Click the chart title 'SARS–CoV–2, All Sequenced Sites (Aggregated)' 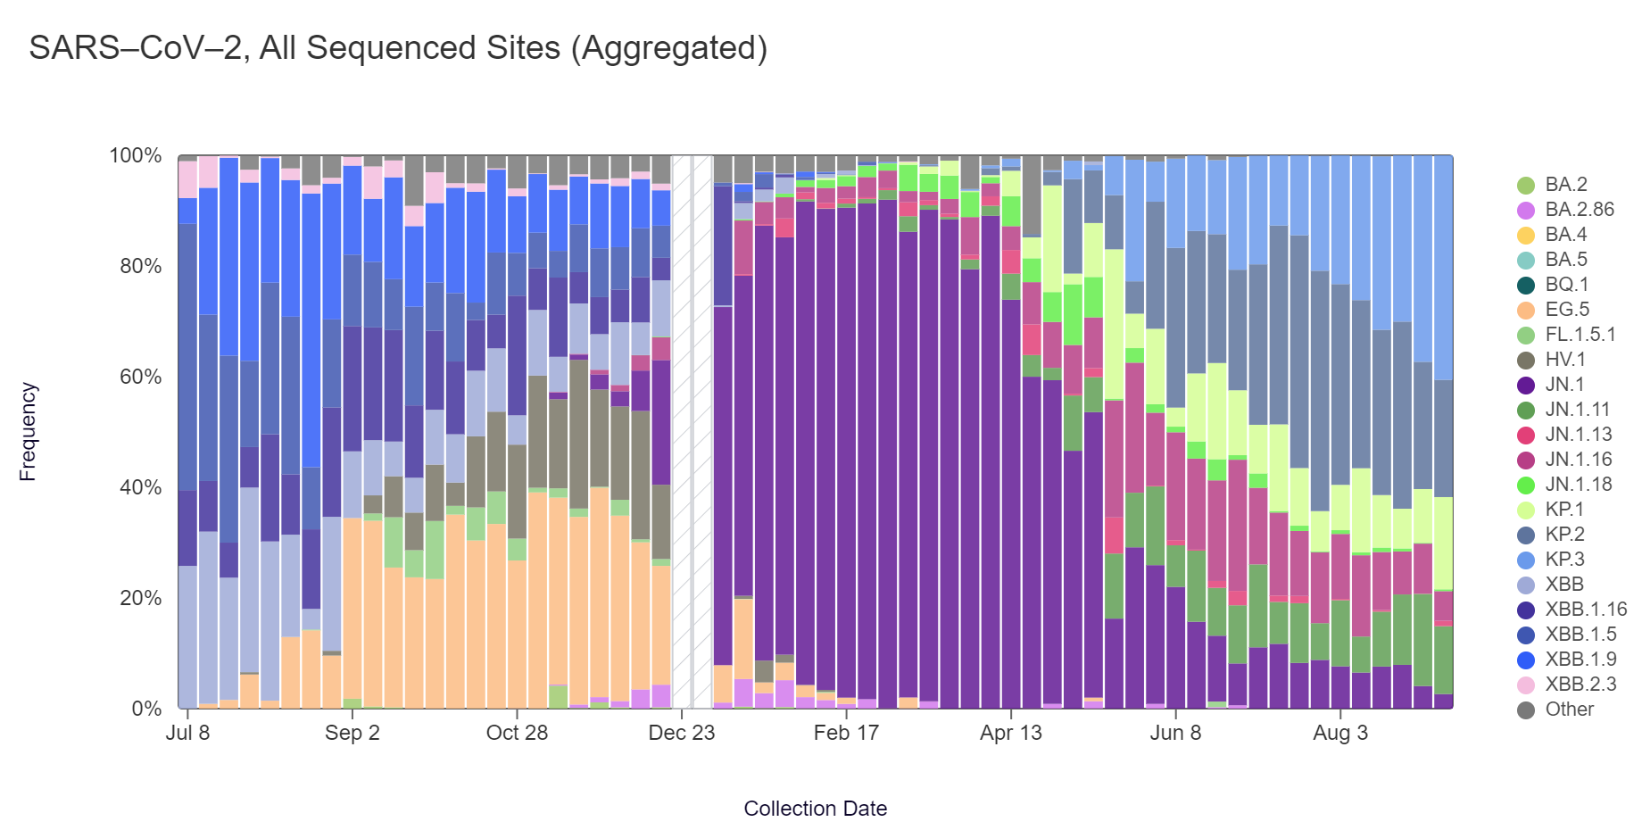tap(398, 48)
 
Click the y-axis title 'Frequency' tap(28, 432)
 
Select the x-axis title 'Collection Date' tap(815, 809)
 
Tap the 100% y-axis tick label tap(136, 155)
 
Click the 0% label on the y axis tap(146, 709)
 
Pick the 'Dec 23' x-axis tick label tap(681, 733)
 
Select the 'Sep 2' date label tap(352, 733)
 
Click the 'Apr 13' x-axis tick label tap(1010, 733)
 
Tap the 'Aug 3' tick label tap(1339, 733)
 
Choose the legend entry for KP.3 tap(1565, 560)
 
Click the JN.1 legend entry tap(1564, 385)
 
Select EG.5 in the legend tap(1567, 310)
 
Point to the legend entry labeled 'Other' tap(1569, 710)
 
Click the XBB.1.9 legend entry tap(1580, 660)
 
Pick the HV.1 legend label tap(1564, 360)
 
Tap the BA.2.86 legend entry tap(1580, 210)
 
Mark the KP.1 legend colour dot tap(1526, 510)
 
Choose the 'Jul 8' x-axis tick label tap(187, 733)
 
